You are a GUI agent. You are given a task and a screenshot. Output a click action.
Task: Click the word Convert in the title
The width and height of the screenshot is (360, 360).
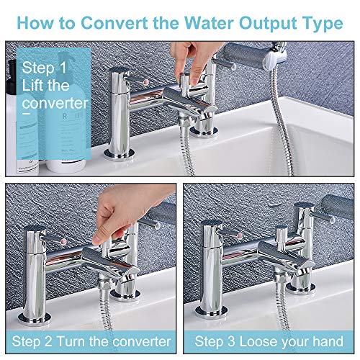pos(114,23)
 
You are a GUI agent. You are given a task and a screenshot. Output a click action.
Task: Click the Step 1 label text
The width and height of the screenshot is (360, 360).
pos(44,68)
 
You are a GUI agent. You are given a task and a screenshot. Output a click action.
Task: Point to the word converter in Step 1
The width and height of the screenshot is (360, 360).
pos(55,103)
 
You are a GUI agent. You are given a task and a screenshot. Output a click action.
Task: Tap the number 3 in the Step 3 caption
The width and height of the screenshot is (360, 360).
pos(231,341)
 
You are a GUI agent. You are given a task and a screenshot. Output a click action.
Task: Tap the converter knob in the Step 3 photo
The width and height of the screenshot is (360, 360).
pos(282,236)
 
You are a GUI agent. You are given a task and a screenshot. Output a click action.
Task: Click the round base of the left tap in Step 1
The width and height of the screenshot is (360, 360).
pos(119,155)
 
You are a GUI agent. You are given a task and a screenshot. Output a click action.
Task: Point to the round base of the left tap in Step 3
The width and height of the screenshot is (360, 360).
pos(212,312)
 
